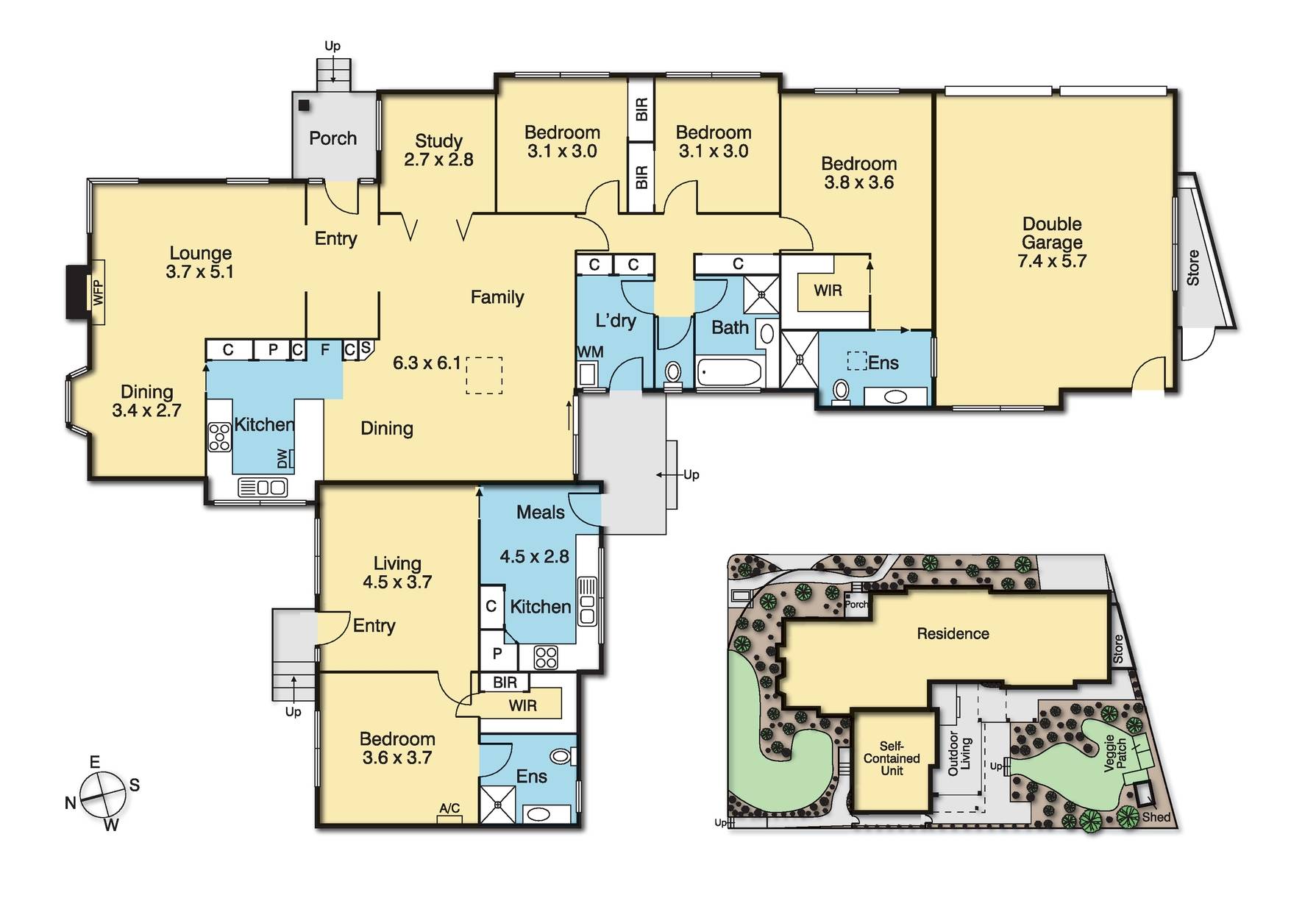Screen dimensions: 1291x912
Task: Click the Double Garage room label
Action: (x=1052, y=233)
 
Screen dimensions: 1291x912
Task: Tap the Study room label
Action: (x=438, y=140)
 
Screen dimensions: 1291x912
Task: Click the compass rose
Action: (x=103, y=795)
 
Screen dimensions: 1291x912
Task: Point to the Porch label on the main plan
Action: (x=332, y=138)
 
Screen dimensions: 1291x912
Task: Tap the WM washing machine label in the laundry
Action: (x=590, y=352)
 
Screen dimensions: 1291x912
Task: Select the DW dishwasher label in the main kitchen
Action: (x=282, y=458)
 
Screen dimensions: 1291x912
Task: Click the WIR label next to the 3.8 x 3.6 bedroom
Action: (x=828, y=291)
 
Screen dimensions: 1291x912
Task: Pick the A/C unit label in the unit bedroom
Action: (x=449, y=808)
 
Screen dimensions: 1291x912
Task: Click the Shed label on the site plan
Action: (x=1156, y=817)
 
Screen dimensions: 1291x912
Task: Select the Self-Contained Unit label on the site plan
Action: (x=892, y=758)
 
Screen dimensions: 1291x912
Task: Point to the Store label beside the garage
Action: (x=1192, y=268)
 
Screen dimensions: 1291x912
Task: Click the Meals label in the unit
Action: (x=540, y=512)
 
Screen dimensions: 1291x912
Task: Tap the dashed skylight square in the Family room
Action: (x=484, y=375)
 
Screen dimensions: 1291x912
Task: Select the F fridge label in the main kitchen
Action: (x=324, y=349)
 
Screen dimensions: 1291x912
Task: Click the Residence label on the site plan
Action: (x=953, y=633)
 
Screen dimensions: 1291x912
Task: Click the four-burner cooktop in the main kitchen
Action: (x=220, y=437)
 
